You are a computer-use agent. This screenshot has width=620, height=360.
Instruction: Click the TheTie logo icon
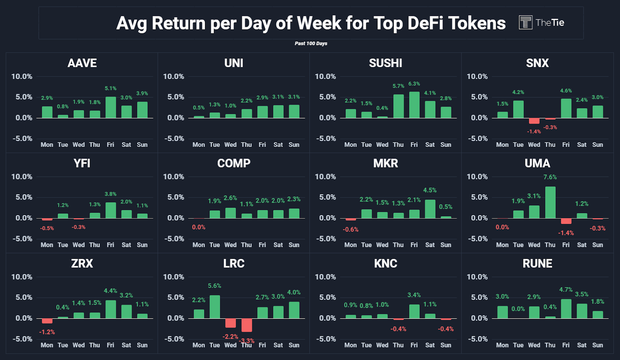point(525,22)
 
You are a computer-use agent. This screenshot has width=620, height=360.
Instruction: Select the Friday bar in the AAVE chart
point(110,107)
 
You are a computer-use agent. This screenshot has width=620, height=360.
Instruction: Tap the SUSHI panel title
point(385,63)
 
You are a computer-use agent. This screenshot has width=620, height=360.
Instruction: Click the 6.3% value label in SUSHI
point(414,84)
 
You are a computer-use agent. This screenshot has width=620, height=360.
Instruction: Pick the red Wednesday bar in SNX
point(534,121)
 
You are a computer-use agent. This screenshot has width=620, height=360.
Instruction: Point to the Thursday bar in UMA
point(550,202)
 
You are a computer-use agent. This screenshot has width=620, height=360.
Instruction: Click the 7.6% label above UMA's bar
point(550,177)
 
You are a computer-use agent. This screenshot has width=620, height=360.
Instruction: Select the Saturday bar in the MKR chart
point(430,209)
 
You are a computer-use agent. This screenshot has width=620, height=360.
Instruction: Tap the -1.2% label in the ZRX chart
point(47,332)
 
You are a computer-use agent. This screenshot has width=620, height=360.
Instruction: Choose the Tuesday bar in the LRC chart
point(215,307)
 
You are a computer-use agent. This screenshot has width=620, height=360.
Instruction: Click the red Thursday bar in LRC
point(246,325)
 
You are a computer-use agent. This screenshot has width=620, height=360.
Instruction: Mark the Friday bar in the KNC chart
point(414,311)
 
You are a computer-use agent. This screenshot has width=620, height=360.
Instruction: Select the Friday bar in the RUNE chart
point(566,308)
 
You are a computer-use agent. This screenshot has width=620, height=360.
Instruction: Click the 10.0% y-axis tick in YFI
point(22,177)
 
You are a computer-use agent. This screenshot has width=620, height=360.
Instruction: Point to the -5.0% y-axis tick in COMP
point(174,239)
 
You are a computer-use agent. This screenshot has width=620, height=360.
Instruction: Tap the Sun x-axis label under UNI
point(294,145)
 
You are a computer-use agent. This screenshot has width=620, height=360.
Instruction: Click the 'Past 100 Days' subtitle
point(311,43)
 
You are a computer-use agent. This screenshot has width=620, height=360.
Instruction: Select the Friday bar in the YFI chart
point(110,210)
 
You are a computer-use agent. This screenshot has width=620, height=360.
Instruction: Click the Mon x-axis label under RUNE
point(502,345)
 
